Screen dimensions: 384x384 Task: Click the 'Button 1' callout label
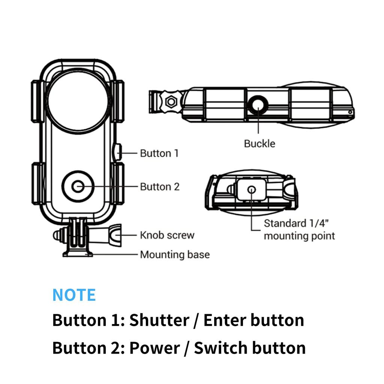point(159,153)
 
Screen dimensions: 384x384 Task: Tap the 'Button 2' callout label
point(160,186)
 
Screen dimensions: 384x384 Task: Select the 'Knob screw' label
point(167,235)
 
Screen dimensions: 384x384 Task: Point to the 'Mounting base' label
point(174,255)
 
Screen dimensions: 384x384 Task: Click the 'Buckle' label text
point(259,143)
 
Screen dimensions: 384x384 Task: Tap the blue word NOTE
point(74,295)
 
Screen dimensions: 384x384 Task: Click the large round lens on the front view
point(79,100)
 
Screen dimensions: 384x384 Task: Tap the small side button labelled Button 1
point(116,153)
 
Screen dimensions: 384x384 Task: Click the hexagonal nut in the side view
point(171,101)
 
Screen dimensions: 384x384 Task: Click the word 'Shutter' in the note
point(159,320)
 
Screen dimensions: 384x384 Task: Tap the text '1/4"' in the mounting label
point(319,223)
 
